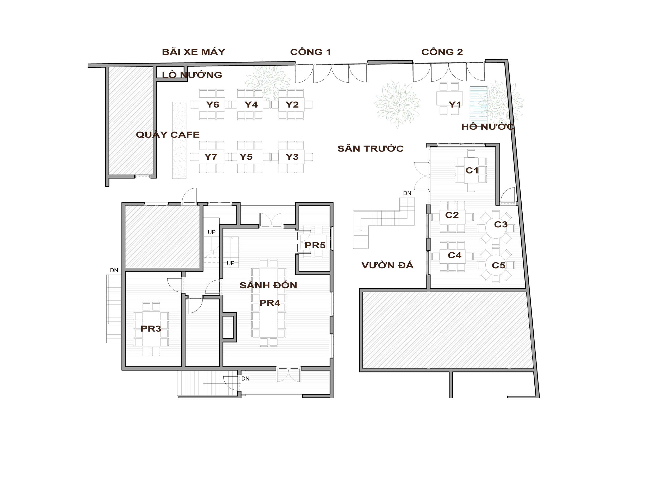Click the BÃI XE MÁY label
click(x=194, y=52)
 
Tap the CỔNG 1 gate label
click(x=310, y=52)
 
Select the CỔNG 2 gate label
click(x=442, y=52)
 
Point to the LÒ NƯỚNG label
click(x=192, y=75)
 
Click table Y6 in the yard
click(x=212, y=104)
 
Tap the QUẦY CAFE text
click(x=168, y=134)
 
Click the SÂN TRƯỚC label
click(x=370, y=148)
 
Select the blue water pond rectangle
click(x=478, y=104)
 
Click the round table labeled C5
click(x=496, y=265)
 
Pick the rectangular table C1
click(x=471, y=170)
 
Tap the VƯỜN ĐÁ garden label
click(x=387, y=265)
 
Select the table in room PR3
click(x=151, y=328)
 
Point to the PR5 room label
click(x=315, y=245)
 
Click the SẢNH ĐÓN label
click(x=268, y=285)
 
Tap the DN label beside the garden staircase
click(x=407, y=193)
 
